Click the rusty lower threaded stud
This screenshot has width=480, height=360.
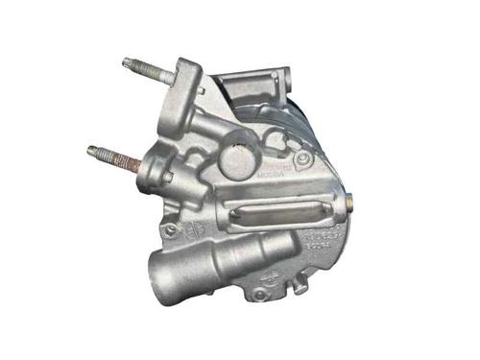pos(117,156)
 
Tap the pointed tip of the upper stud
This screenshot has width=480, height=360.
pos(126,63)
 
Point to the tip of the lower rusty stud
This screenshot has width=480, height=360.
pos(90,150)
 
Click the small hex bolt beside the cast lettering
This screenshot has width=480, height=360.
pos(303,157)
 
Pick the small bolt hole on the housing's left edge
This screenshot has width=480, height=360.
pos(170,230)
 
